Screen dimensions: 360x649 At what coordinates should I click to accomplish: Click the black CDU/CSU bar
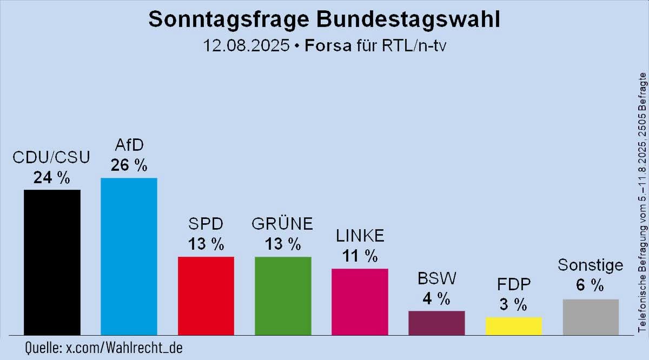coord(52,262)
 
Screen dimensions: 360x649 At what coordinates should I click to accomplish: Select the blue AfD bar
coord(129,256)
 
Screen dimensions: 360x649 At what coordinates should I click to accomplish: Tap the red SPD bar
coord(206,296)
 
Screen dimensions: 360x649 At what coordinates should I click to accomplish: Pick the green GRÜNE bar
coord(282,296)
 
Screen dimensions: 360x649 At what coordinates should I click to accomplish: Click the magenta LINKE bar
coord(359,302)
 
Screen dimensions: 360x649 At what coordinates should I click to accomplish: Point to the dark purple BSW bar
coord(436,323)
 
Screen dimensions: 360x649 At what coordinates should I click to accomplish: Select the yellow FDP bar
coord(513,326)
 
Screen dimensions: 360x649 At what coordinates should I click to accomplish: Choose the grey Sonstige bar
coord(590,317)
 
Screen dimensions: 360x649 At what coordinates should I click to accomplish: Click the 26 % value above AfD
coord(129,165)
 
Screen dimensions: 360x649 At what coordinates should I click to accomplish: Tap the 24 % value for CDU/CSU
coord(52,177)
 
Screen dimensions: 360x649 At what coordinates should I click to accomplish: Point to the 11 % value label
coord(360,256)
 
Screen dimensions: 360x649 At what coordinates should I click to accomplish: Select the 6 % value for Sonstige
coord(590,286)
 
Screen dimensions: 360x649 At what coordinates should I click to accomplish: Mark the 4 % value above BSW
coord(436,298)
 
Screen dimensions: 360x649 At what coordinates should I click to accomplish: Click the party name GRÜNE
coord(282,223)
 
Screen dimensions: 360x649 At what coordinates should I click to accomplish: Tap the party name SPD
coord(206,223)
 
